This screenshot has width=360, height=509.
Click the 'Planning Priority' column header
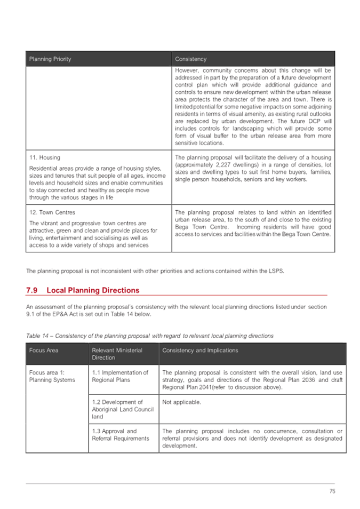50,59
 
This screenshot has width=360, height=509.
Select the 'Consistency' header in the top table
190,59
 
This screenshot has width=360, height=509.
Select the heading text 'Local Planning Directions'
93,290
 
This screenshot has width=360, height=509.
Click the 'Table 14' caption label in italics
37,336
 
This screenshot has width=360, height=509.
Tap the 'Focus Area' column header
44,351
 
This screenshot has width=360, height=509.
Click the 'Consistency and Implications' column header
200,351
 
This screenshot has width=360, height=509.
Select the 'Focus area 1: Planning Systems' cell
52,376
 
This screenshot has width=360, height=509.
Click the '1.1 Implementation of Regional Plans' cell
119,376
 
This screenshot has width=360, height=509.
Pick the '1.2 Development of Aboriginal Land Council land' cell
117,409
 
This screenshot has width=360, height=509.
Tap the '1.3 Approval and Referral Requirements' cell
119,435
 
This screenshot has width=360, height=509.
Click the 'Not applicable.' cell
181,402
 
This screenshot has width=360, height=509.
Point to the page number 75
332,491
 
